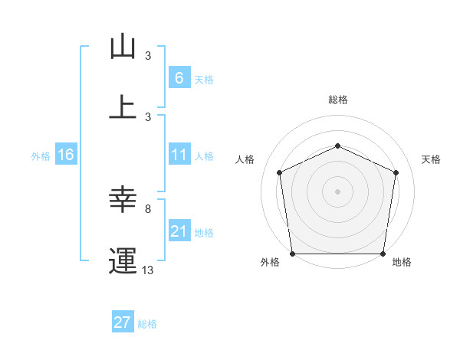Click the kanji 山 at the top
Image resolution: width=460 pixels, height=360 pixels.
tap(123, 47)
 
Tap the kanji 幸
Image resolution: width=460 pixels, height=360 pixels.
tap(123, 201)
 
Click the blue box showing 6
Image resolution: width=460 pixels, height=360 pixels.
tap(179, 78)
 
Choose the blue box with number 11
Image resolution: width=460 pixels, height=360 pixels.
tap(179, 155)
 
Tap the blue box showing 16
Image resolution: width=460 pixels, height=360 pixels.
tap(65, 155)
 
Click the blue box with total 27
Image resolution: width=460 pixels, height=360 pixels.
tap(122, 322)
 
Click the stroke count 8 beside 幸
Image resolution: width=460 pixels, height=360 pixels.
tap(148, 208)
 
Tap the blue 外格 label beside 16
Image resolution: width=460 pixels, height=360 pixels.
tap(41, 156)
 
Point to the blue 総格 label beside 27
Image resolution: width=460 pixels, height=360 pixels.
tap(147, 324)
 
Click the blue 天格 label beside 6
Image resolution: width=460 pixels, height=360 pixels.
tap(204, 80)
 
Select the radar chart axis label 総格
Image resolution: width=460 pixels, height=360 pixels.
tap(338, 100)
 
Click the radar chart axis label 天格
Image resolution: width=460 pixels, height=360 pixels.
tap(431, 160)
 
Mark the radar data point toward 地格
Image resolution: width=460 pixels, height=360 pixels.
tap(383, 254)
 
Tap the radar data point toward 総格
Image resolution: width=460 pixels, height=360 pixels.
tap(337, 145)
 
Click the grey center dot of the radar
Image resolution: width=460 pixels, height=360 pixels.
tap(337, 191)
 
